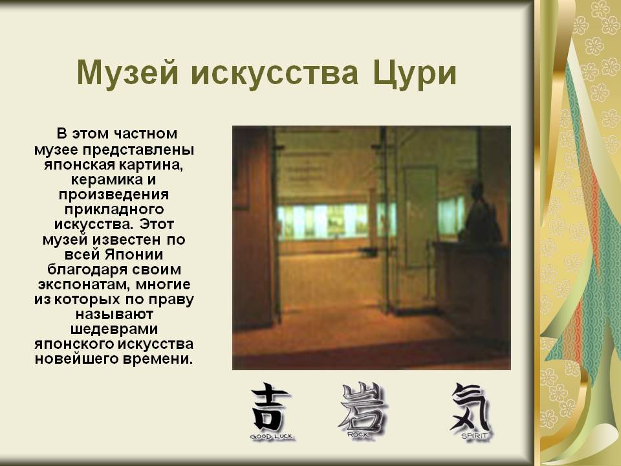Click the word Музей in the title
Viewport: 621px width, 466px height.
(127, 74)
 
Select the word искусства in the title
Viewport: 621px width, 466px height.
(275, 74)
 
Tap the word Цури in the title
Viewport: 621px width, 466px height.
(414, 74)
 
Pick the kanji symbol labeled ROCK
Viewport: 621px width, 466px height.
(361, 407)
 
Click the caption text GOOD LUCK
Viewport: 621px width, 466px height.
(271, 437)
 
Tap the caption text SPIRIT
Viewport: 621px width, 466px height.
(474, 436)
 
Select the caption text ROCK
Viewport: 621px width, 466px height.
(358, 435)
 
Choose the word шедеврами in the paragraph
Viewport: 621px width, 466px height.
(114, 329)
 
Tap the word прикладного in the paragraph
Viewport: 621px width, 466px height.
(114, 210)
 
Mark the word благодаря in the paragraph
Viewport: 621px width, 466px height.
(86, 269)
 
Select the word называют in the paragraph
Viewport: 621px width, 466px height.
(114, 315)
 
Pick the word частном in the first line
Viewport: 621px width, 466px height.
(146, 133)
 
